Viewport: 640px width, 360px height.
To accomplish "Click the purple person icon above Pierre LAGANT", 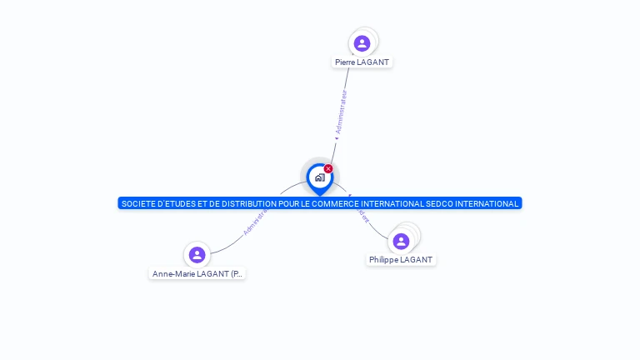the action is [x=362, y=43].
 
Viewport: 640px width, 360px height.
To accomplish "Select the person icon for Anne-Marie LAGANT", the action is [x=197, y=254].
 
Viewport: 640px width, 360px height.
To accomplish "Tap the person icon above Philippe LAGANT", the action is [x=401, y=241].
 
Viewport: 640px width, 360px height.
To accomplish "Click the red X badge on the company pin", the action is [x=328, y=169].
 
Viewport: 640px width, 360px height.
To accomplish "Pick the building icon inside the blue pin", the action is [x=319, y=177].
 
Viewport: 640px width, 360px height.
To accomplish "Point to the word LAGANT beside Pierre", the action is [x=374, y=62].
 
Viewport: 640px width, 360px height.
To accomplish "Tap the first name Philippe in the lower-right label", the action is [x=383, y=260].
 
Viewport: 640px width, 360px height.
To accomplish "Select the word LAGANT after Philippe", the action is [x=417, y=260].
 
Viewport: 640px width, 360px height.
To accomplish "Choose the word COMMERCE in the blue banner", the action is [x=341, y=203].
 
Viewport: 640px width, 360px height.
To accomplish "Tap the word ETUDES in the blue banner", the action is [x=184, y=203].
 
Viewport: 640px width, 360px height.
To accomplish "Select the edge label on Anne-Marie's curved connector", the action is [x=254, y=222].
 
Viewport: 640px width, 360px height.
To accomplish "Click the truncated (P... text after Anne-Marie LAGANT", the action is [x=236, y=274].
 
